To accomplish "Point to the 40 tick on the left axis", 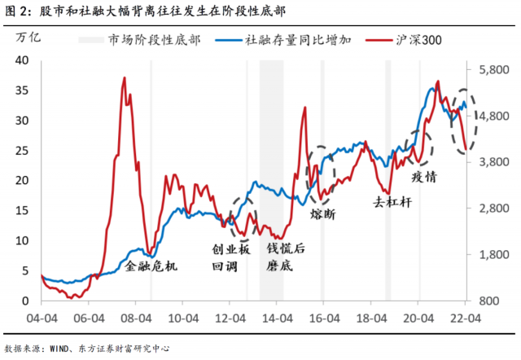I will click(x=23, y=60).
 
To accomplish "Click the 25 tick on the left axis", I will click(x=23, y=151).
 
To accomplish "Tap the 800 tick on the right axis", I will click(x=496, y=301).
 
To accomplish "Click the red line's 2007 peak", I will click(x=124, y=78).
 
